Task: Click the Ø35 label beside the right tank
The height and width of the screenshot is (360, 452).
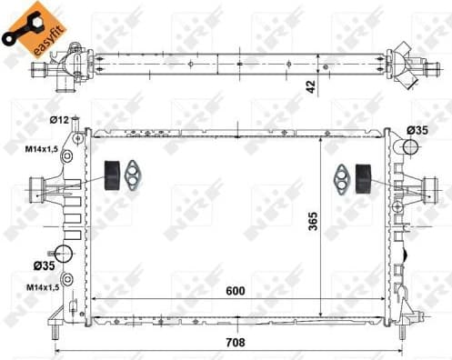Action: click(417, 131)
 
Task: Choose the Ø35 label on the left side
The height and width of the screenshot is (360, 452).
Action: click(45, 265)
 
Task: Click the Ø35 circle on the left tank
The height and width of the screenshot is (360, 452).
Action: click(64, 254)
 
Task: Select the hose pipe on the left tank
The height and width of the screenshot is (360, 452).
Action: click(39, 192)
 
